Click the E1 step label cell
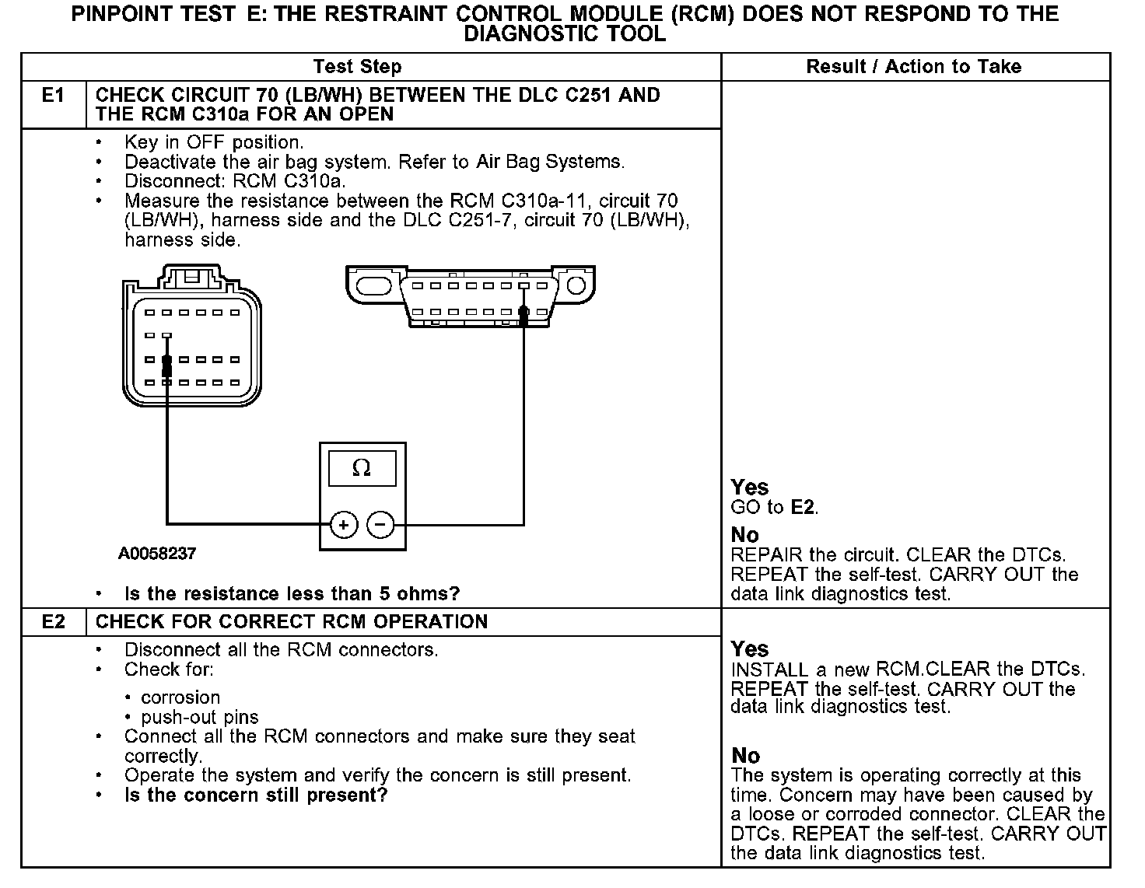tap(53, 96)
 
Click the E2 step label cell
tap(53, 622)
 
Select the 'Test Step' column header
tap(357, 67)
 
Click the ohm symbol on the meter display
tap(362, 468)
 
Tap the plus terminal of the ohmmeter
tap(344, 525)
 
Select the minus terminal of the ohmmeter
tap(380, 525)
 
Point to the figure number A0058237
tap(157, 554)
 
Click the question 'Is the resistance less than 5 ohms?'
tap(292, 594)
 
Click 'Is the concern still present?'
tap(255, 795)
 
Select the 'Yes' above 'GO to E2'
tap(750, 488)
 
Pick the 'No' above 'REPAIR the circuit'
tap(744, 535)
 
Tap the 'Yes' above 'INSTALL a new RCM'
tap(750, 649)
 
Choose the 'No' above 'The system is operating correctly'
tap(745, 756)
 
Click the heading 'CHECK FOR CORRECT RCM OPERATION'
tap(292, 622)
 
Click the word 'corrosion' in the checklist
tap(180, 697)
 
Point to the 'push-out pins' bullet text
tap(200, 717)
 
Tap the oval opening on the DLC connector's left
tap(374, 286)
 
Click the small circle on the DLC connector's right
tap(576, 286)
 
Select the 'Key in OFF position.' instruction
tap(214, 143)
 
